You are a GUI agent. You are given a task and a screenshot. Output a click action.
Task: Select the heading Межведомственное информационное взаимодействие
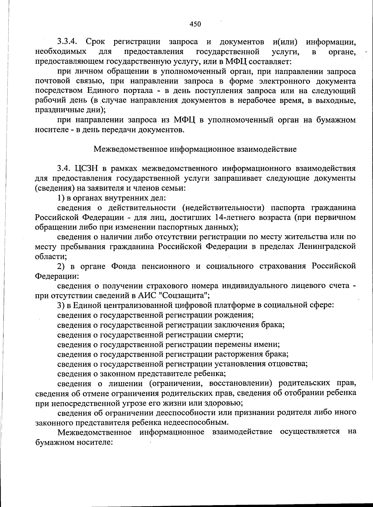[195, 149]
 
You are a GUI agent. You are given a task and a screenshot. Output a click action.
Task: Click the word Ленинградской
[327, 247]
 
